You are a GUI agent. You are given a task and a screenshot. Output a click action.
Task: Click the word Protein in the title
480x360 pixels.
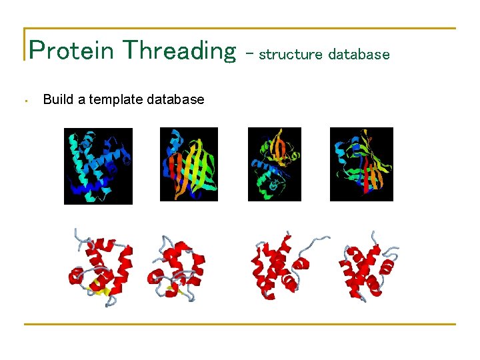click(72, 50)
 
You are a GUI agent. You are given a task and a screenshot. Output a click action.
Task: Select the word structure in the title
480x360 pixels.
click(290, 55)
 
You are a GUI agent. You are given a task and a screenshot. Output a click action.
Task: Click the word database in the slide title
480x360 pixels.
click(359, 55)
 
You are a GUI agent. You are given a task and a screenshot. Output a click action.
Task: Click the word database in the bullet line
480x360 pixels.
click(175, 99)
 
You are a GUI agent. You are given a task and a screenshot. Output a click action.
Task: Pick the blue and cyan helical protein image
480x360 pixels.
click(98, 166)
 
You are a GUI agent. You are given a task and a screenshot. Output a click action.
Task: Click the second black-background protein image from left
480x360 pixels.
click(189, 164)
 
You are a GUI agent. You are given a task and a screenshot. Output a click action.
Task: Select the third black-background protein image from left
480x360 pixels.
click(274, 164)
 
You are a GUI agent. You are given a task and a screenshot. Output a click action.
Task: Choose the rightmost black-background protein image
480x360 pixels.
click(361, 164)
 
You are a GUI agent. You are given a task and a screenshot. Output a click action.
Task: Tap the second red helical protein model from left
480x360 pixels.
click(177, 267)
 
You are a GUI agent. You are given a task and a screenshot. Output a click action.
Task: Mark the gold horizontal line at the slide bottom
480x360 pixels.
click(240, 324)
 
